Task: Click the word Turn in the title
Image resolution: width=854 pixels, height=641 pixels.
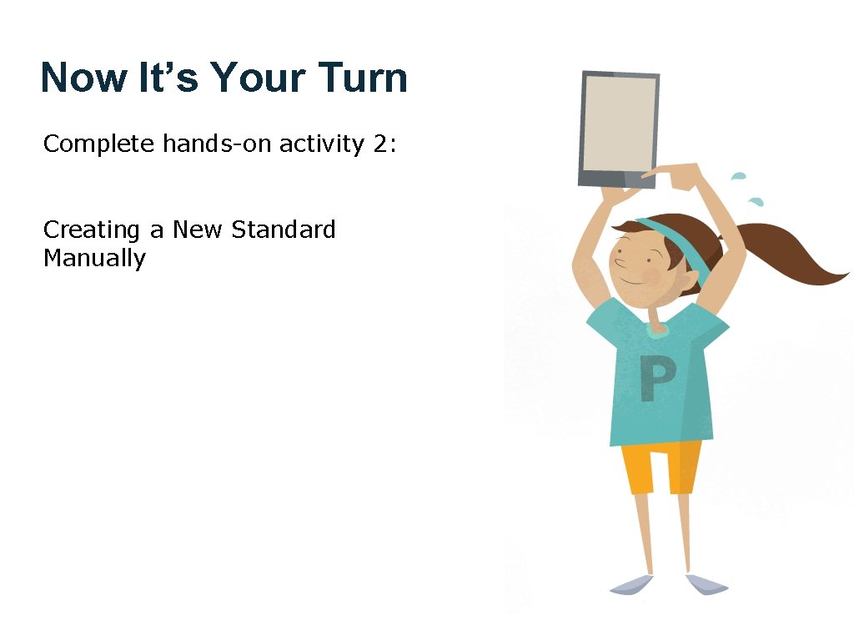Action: point(362,78)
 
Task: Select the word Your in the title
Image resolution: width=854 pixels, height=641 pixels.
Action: point(257,78)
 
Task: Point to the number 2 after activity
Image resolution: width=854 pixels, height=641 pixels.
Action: point(380,144)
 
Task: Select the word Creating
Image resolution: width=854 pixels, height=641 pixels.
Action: point(92,230)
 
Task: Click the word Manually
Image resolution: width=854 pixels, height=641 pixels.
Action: point(94,258)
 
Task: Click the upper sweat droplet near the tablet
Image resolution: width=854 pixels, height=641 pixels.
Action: point(738,176)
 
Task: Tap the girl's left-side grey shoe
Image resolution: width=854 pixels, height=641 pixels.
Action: point(630,585)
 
